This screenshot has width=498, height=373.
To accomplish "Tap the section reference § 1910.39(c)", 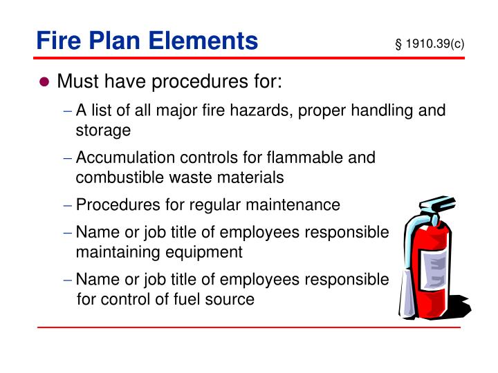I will [x=429, y=44].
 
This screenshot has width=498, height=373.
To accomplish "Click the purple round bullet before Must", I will [x=45, y=83].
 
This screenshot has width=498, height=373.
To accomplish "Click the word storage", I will [x=103, y=130].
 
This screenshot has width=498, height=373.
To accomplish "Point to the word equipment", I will [x=205, y=252].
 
